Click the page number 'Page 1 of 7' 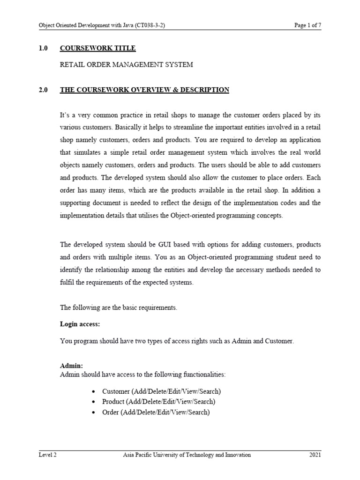pos(307,26)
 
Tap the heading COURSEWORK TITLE pos(98,48)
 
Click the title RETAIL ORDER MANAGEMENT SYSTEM pos(126,65)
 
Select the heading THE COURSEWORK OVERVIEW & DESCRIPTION pos(144,90)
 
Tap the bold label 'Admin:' pos(71,365)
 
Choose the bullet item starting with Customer pos(161,391)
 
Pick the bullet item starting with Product pos(158,402)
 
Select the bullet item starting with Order pos(156,412)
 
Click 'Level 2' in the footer pos(48,455)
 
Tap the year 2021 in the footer pos(315,455)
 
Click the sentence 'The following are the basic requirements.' pos(119,307)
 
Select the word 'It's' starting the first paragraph pos(66,115)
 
